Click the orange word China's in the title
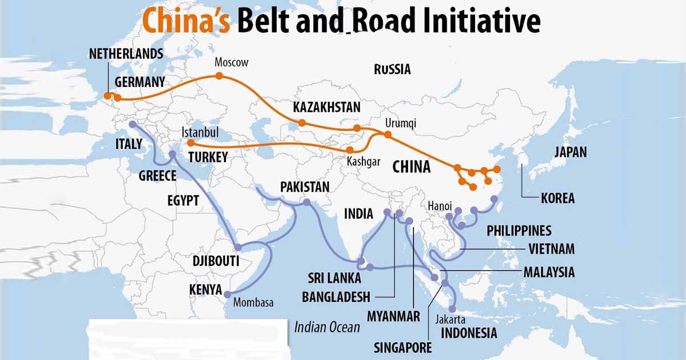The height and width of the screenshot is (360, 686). coord(186,22)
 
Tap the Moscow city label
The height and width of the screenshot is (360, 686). coord(232,62)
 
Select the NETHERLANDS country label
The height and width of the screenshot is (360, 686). coord(126,54)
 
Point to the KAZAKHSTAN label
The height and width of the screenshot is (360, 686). coord(326,107)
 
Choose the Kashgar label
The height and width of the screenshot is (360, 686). coord(363,162)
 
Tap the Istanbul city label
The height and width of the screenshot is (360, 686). coord(200,132)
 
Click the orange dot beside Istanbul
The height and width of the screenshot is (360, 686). coord(191,143)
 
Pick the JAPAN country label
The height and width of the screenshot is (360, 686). coord(570,152)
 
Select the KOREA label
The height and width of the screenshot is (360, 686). coord(557,199)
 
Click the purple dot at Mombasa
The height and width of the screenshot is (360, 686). coord(228,294)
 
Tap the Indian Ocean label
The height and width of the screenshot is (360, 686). coord(327,327)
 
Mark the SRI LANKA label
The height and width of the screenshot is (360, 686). coord(334,278)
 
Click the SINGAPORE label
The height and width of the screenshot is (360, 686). coord(402,347)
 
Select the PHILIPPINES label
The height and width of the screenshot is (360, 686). coord(519,231)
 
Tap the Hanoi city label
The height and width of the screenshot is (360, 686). coord(440,206)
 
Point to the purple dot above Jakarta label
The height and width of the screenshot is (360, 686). coord(452,309)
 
